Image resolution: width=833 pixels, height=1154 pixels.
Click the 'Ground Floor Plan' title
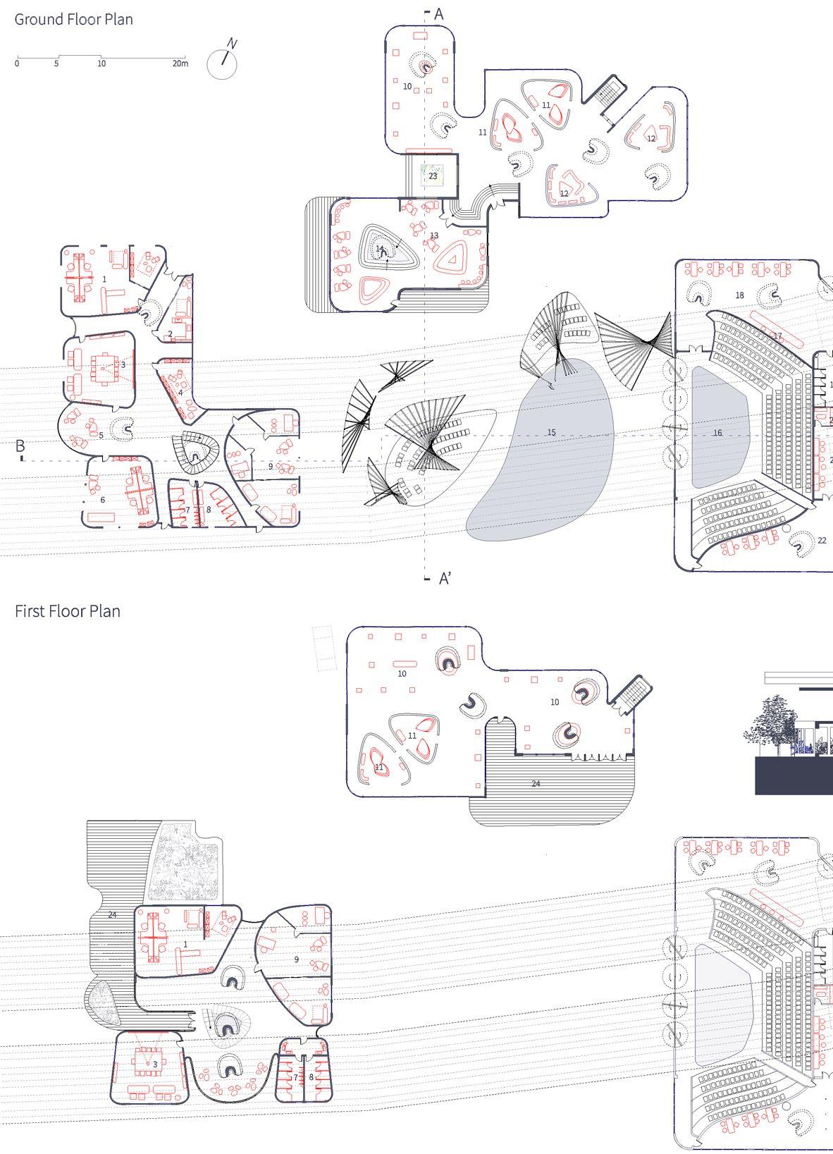click(x=74, y=20)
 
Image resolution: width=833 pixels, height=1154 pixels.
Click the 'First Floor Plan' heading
click(x=68, y=611)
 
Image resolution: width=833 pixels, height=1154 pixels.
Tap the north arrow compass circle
click(x=222, y=64)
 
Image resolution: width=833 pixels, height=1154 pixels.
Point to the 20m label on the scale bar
click(x=180, y=63)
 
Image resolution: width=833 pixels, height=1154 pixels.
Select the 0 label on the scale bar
click(x=17, y=63)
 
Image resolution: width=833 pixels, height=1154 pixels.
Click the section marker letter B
click(x=20, y=446)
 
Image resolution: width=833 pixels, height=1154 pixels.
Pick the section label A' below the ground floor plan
click(x=445, y=579)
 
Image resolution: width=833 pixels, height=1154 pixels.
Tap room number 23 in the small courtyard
click(x=433, y=176)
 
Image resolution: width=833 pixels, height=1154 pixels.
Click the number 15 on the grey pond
click(x=551, y=432)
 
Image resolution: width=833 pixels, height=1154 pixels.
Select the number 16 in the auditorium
click(x=717, y=433)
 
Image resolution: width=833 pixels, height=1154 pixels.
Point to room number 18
click(x=740, y=295)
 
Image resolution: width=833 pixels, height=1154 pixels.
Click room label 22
click(x=822, y=541)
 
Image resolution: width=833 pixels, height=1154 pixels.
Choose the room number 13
click(x=434, y=235)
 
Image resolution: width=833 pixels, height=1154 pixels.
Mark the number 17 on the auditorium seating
click(x=778, y=336)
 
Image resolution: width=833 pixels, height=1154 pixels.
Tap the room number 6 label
click(x=103, y=500)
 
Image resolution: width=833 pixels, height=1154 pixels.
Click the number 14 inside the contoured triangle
click(x=380, y=249)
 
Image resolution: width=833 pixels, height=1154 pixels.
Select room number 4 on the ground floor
click(x=180, y=393)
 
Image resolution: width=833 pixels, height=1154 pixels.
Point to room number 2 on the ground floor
click(x=171, y=334)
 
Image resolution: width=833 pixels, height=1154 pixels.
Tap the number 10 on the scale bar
click(x=101, y=63)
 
